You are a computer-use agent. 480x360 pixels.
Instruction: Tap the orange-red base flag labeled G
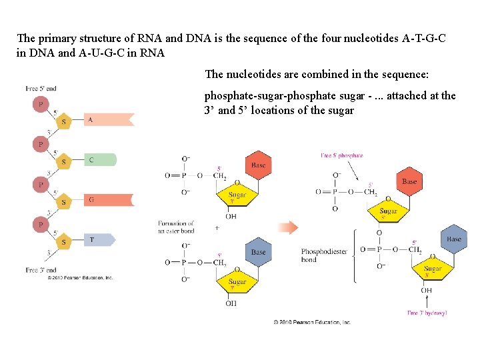coord(107,199)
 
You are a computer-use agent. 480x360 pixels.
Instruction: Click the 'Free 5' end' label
coord(41,89)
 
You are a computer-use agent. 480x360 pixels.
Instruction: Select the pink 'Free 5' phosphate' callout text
coord(341,155)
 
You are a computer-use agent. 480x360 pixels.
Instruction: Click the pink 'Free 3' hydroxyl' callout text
coord(427,313)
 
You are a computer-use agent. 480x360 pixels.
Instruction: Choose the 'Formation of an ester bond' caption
coord(176,227)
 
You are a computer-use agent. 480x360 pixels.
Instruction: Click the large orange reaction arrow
coord(288,227)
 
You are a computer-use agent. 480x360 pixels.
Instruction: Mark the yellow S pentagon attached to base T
coord(64,242)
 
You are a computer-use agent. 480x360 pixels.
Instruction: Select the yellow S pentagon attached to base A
coord(64,122)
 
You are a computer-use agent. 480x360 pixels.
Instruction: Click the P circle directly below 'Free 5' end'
coord(41,104)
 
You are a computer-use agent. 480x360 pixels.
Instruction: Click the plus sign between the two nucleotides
coord(217,227)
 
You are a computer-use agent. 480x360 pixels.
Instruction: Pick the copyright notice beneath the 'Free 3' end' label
coord(80,277)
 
